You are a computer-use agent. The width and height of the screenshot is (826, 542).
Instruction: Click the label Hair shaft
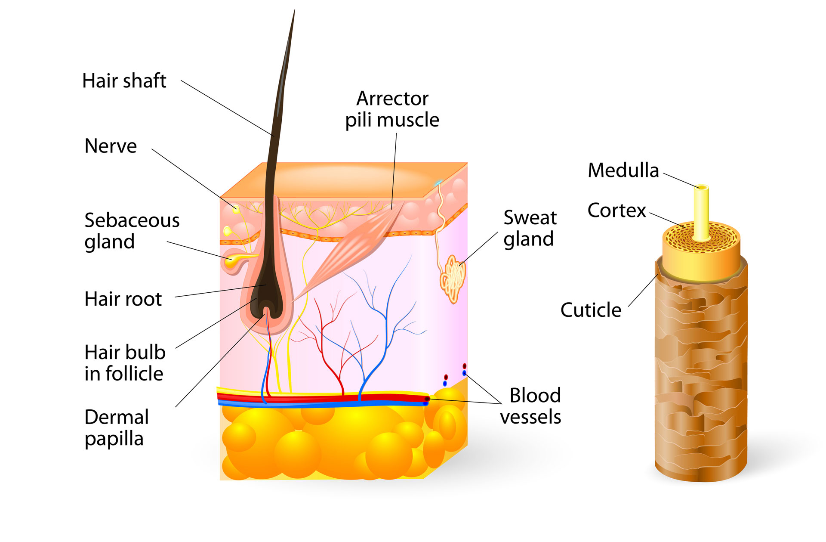(124, 81)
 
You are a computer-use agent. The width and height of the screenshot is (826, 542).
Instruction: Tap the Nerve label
(111, 146)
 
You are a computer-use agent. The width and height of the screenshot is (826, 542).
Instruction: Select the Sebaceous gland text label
(131, 231)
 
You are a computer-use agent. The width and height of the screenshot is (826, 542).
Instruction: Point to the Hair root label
(123, 299)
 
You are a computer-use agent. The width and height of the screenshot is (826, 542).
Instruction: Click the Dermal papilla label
(117, 428)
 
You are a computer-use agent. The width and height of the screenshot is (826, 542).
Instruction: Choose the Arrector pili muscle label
(392, 109)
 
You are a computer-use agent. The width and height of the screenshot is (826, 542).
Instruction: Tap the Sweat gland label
(530, 228)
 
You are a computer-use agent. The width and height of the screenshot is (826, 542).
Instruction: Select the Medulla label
(623, 170)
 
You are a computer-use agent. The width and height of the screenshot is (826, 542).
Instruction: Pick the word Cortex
(616, 211)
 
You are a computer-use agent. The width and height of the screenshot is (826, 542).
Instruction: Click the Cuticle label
(591, 310)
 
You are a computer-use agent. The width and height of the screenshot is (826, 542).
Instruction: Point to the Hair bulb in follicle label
(125, 362)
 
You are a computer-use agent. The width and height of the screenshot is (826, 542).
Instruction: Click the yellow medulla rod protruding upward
(701, 211)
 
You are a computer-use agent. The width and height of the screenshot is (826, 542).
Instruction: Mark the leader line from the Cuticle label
(643, 290)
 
